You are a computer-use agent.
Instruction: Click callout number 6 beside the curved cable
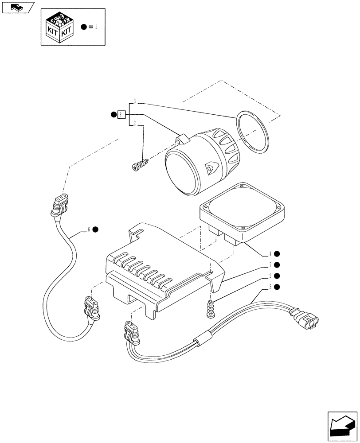89,229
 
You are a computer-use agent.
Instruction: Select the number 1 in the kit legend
95,27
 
